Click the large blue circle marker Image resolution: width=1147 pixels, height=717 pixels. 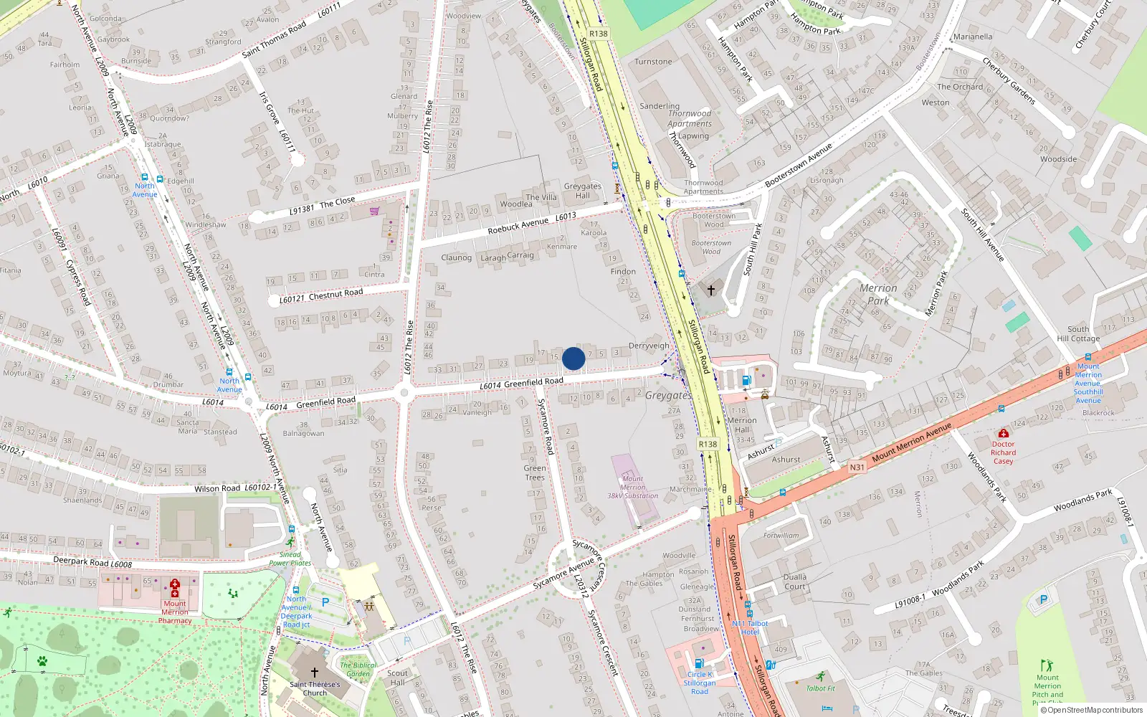point(573,358)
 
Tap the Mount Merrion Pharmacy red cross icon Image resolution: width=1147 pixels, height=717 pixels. point(175,588)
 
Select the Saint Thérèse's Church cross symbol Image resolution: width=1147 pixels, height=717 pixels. point(314,673)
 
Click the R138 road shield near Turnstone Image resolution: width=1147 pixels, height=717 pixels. point(598,34)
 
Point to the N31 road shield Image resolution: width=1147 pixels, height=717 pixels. point(857,467)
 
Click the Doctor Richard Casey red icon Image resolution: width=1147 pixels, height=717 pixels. point(1004,434)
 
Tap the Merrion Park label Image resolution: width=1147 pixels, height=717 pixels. point(878,294)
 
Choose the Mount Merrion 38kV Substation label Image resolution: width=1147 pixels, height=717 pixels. point(632,487)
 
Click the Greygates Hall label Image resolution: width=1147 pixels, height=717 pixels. point(582,191)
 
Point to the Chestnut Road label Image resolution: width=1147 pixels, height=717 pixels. point(335,293)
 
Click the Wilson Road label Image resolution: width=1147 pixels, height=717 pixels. point(217,488)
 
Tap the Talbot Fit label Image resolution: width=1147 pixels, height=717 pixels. point(821,688)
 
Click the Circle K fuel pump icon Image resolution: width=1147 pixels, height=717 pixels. point(699,663)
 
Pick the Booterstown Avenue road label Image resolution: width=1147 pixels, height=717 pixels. point(798,166)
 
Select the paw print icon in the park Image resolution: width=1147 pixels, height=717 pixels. point(42,661)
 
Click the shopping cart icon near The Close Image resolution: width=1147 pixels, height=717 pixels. point(374,211)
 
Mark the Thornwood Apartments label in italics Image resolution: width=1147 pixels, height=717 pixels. point(690,118)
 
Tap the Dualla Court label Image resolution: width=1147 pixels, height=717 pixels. point(794,581)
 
